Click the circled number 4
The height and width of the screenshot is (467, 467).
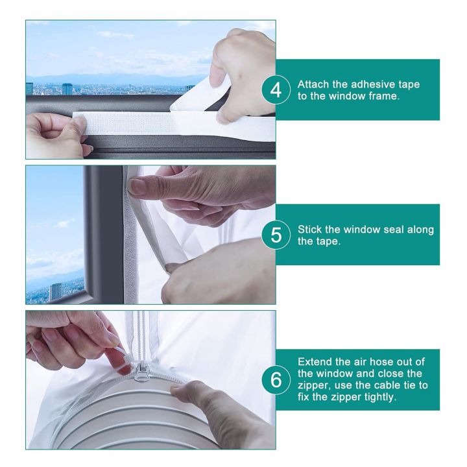point(276,90)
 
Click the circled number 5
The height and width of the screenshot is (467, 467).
point(276,235)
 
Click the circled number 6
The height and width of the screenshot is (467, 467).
point(276,381)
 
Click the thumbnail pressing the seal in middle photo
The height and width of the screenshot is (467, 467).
point(138,187)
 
